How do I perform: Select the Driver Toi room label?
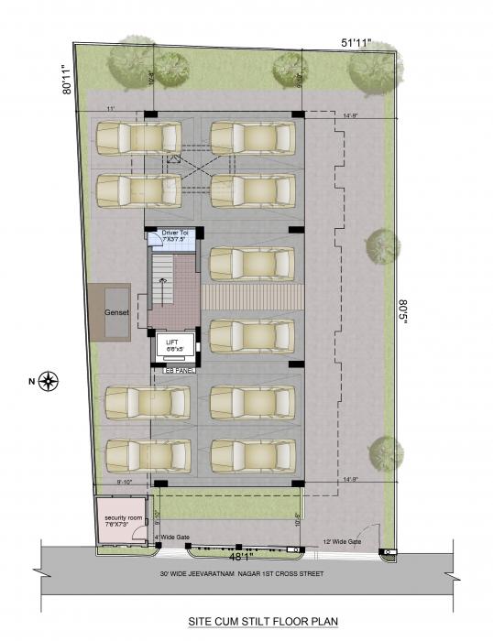pos(174,235)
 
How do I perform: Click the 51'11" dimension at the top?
pos(351,43)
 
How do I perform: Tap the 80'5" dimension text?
pos(403,316)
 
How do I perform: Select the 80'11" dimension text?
pos(67,79)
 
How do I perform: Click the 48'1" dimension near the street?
pos(239,556)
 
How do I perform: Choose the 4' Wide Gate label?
pos(171,538)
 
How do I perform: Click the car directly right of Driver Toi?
pos(252,263)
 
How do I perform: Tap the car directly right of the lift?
pos(252,335)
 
